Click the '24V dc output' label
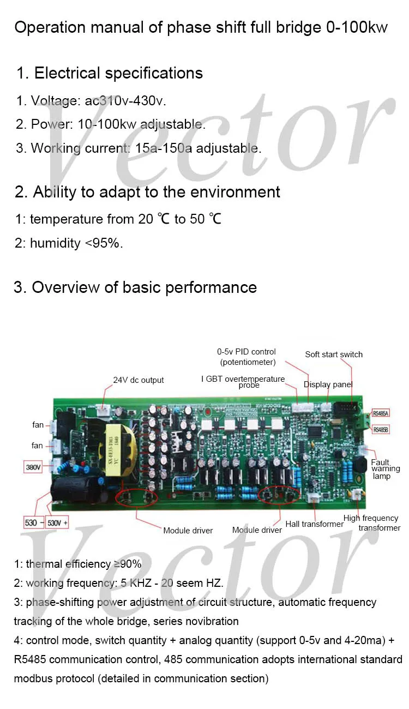pos(138,380)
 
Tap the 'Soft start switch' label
pos(334,354)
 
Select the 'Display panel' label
pos(328,384)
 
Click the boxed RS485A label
pos(380,413)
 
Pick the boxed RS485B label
pos(380,430)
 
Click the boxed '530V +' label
pos(58,522)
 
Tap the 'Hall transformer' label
pos(314,524)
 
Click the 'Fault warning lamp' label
pos(385,469)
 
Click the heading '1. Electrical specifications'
pos(110,73)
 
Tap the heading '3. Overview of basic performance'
pos(135,287)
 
